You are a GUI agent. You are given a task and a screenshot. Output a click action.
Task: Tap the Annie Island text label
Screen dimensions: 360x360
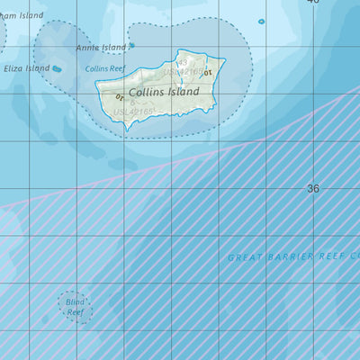[101, 48]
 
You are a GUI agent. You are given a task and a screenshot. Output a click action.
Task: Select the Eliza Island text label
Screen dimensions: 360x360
[24, 68]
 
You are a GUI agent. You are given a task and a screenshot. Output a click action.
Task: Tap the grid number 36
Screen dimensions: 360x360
[312, 189]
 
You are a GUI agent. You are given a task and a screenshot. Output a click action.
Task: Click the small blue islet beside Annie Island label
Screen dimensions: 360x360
[131, 45]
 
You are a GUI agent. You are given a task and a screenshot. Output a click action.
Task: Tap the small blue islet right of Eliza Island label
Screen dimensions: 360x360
[57, 68]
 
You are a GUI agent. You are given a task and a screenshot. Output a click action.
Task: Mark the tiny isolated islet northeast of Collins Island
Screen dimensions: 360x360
[262, 22]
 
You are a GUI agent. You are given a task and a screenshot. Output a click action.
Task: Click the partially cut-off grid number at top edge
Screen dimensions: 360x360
[312, 3]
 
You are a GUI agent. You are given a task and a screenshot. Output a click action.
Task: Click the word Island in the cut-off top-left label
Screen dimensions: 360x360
[29, 15]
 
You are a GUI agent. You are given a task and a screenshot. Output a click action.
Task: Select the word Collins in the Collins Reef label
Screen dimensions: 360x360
[96, 68]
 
